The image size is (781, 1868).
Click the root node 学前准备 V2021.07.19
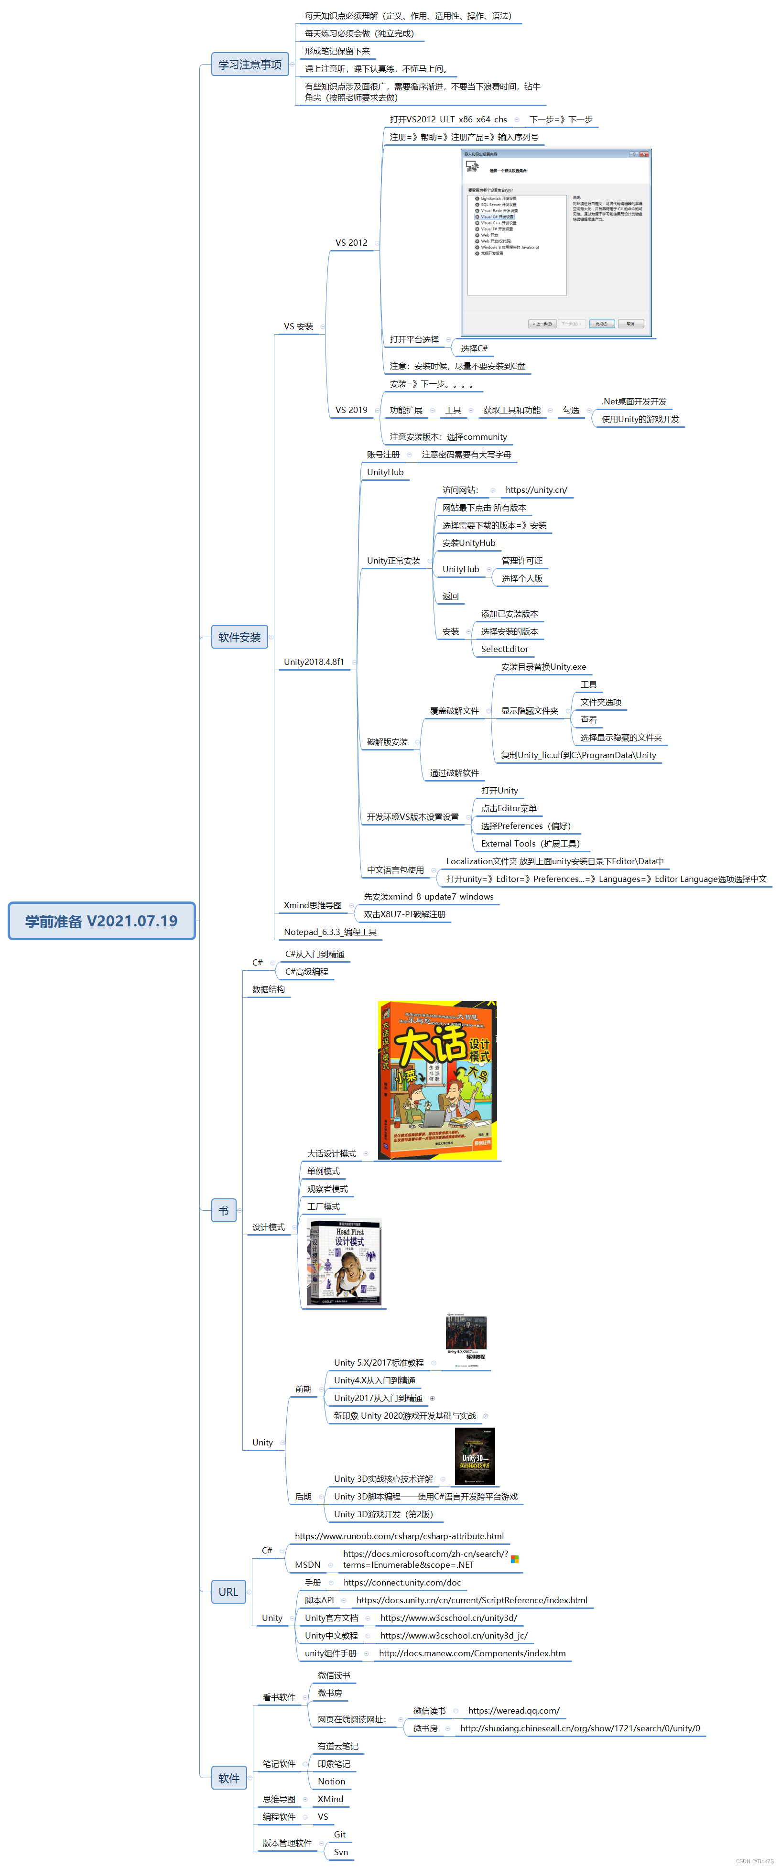point(101,921)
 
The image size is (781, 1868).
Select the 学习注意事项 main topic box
point(250,65)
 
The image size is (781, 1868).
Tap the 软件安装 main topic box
point(239,638)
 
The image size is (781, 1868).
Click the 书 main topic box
point(223,1210)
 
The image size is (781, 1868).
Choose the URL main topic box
point(228,1592)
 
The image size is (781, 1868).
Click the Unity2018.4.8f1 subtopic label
point(314,662)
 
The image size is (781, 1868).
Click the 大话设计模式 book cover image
point(437,1080)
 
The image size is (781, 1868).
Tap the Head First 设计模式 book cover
point(345,1262)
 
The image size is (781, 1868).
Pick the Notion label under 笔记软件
point(331,1781)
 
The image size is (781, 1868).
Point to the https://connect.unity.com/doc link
point(402,1582)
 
